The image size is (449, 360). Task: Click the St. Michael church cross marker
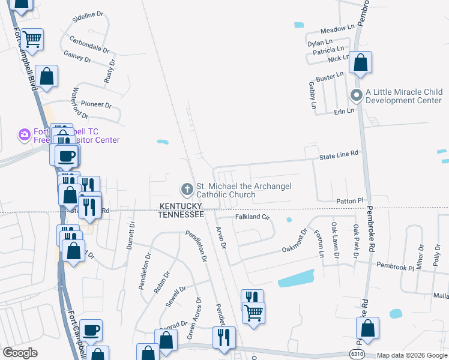(187, 190)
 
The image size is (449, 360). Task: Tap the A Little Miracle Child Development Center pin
(356, 95)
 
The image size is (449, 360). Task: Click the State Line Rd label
(339, 154)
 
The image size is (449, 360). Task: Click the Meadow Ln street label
(338, 29)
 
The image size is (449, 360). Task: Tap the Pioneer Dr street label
(97, 104)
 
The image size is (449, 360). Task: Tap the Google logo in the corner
(20, 353)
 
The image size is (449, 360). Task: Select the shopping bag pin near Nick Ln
(360, 63)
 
